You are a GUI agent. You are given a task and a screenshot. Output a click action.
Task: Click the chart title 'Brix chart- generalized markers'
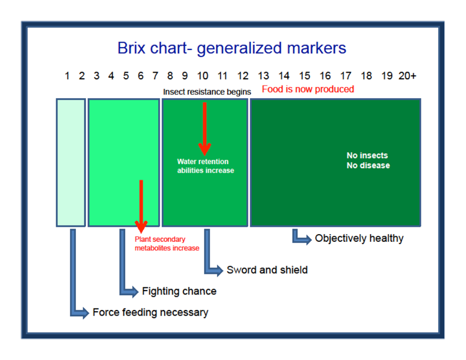point(231,48)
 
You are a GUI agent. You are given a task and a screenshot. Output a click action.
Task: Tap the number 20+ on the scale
point(407,76)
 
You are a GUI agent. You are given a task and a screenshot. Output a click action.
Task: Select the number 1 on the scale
point(67,76)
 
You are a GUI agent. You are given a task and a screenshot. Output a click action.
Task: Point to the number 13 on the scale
point(264,76)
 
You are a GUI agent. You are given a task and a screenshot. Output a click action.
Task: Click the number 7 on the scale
point(155,76)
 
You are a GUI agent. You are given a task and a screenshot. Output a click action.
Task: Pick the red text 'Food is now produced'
point(308,89)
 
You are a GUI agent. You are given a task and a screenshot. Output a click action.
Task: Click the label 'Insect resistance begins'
point(207,92)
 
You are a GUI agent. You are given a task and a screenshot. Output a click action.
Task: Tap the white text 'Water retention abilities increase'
point(205,166)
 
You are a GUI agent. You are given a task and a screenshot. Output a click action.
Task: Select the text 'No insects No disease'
point(368,160)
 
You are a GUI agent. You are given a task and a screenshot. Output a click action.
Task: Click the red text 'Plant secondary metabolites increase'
point(166,244)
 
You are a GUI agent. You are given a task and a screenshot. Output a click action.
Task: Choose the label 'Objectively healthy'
point(359,239)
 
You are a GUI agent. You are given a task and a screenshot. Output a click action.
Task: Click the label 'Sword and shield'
point(267,270)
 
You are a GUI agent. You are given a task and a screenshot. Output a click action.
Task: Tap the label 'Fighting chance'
point(179,291)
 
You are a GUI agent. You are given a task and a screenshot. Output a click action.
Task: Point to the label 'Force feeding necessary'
point(150,312)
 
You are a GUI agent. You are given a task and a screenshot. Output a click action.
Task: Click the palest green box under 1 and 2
point(71,163)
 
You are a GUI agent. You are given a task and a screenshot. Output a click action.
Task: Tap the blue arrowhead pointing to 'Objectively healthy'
point(306,239)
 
